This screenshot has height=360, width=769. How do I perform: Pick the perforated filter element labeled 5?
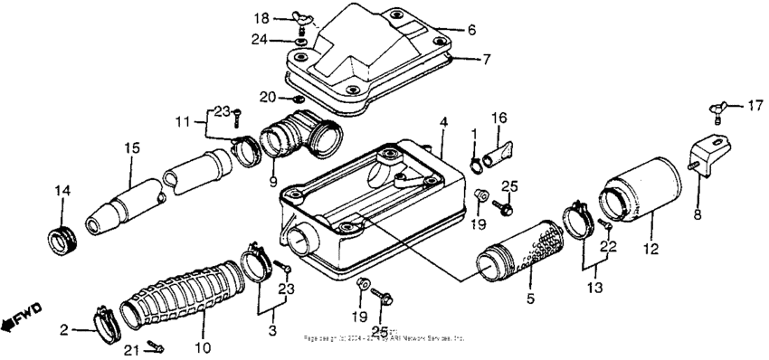[516, 254]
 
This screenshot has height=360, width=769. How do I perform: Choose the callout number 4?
[443, 120]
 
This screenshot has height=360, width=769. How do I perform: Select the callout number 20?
[265, 97]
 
